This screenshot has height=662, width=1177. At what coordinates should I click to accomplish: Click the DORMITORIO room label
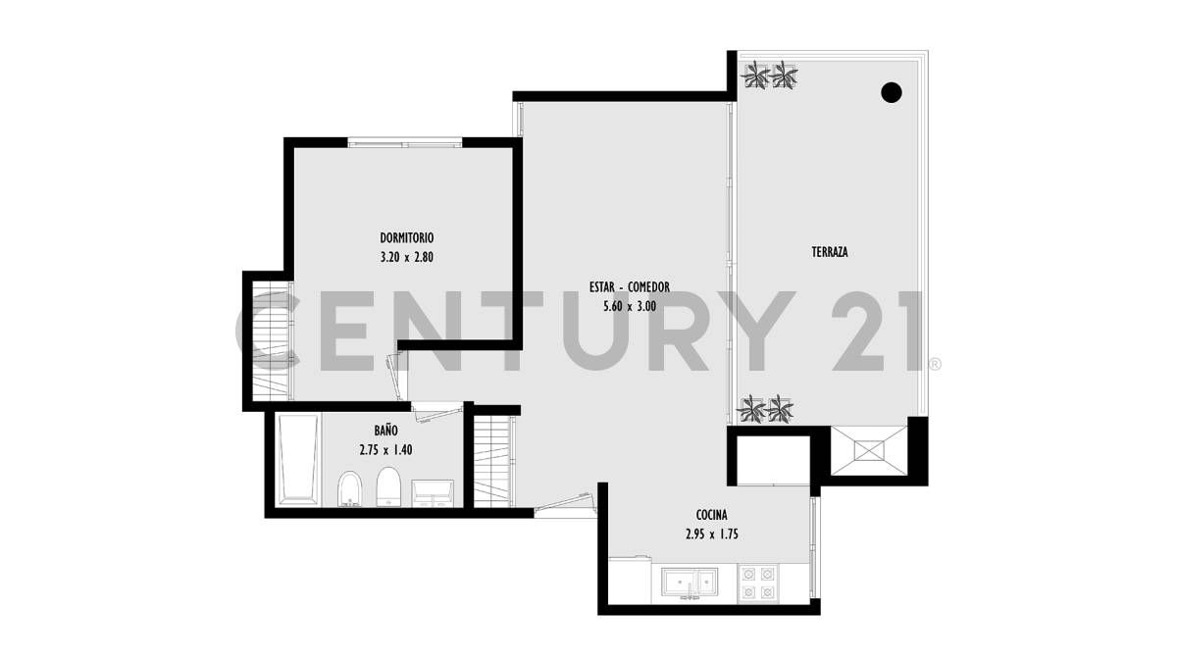click(407, 237)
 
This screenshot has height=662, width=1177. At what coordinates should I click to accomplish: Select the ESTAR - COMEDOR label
click(630, 286)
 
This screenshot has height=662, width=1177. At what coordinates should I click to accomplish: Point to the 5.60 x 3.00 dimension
click(630, 306)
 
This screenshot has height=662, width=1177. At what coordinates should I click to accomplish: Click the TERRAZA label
click(829, 252)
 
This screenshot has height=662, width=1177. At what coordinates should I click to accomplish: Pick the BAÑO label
click(385, 430)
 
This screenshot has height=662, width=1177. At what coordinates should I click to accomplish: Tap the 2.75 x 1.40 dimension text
click(385, 450)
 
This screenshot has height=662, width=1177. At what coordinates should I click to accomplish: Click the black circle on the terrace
click(892, 93)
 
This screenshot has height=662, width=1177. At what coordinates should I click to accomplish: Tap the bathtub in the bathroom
click(298, 459)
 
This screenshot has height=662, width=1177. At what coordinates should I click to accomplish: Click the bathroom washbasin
click(433, 491)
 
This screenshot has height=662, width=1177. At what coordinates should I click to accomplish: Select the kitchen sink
click(691, 583)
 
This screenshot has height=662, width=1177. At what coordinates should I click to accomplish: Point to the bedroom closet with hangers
click(269, 340)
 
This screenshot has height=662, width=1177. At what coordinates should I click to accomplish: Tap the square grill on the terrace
click(868, 451)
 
